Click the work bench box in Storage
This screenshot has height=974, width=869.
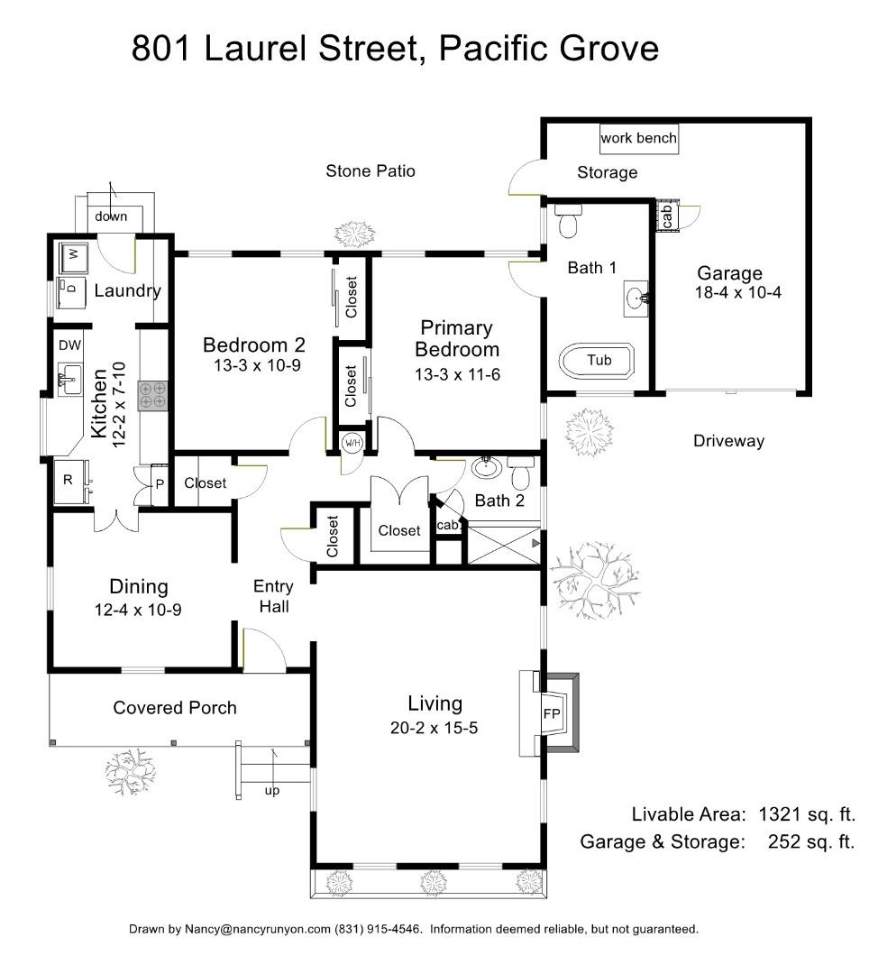point(638,139)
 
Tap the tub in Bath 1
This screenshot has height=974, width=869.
point(599,361)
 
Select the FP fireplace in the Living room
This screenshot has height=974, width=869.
point(551,712)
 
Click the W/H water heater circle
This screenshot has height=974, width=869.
point(351,442)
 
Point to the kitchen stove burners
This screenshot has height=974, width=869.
point(151,395)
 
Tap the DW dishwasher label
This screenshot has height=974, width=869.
point(69,345)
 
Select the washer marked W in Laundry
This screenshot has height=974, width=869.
point(71,257)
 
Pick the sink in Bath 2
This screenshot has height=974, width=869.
point(487,469)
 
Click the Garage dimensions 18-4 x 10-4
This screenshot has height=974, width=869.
point(732,292)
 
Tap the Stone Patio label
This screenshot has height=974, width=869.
point(370,170)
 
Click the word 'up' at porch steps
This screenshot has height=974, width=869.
point(271,791)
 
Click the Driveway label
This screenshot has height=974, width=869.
point(728,441)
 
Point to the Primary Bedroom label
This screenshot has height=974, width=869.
point(456,338)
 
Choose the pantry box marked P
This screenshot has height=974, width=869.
point(160,484)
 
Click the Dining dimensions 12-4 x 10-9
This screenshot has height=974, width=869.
point(138,610)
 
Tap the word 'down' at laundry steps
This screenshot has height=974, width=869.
point(111,216)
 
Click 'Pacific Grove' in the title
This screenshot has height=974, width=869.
point(549,49)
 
